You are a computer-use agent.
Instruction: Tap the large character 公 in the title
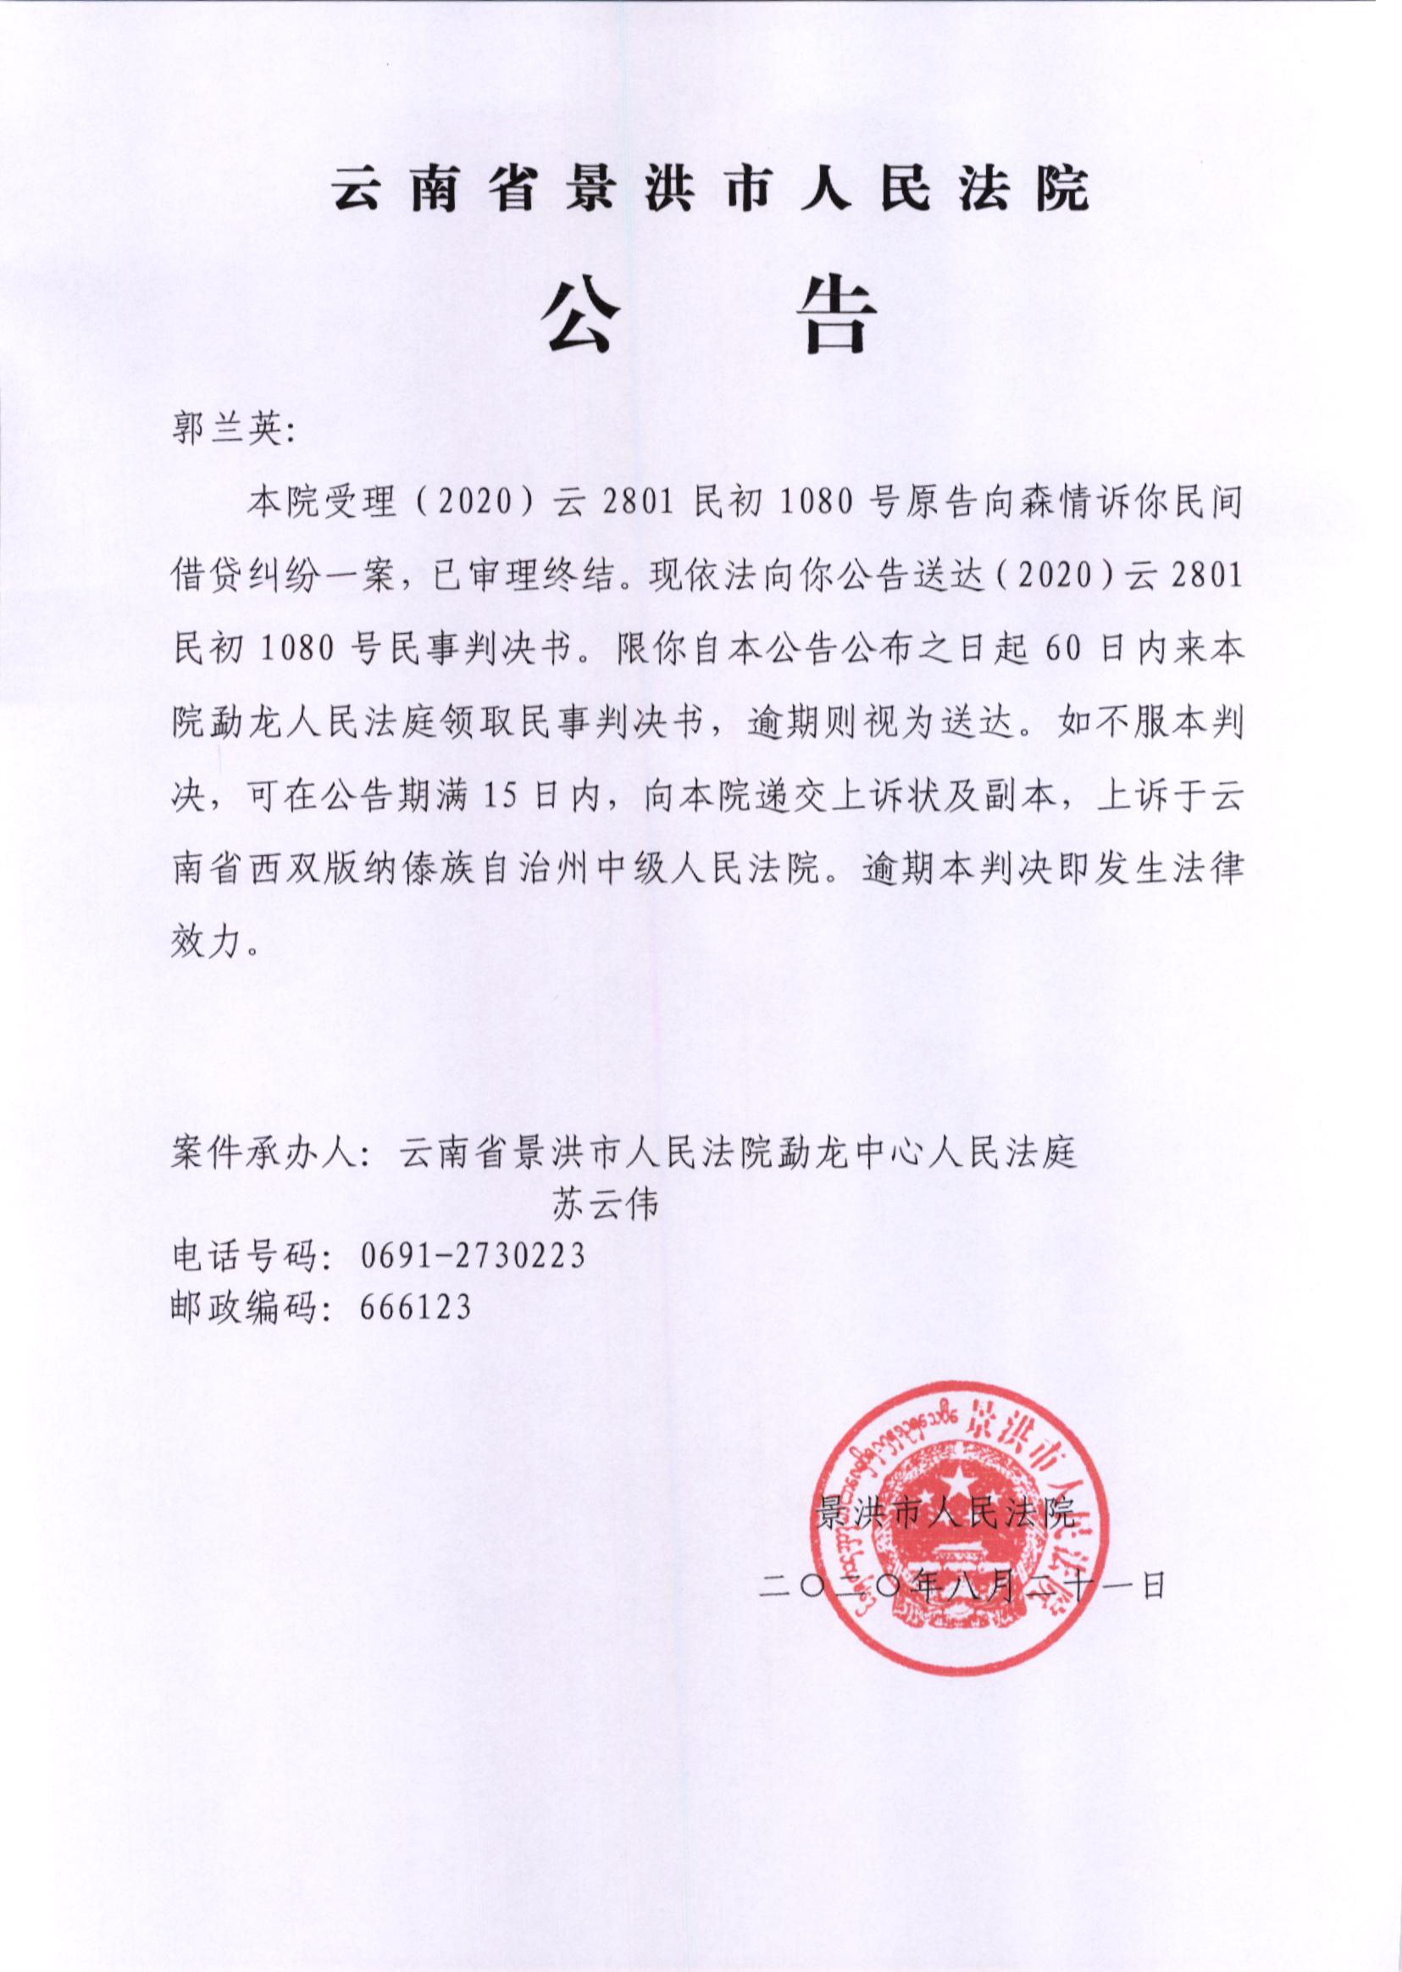tap(576, 315)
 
